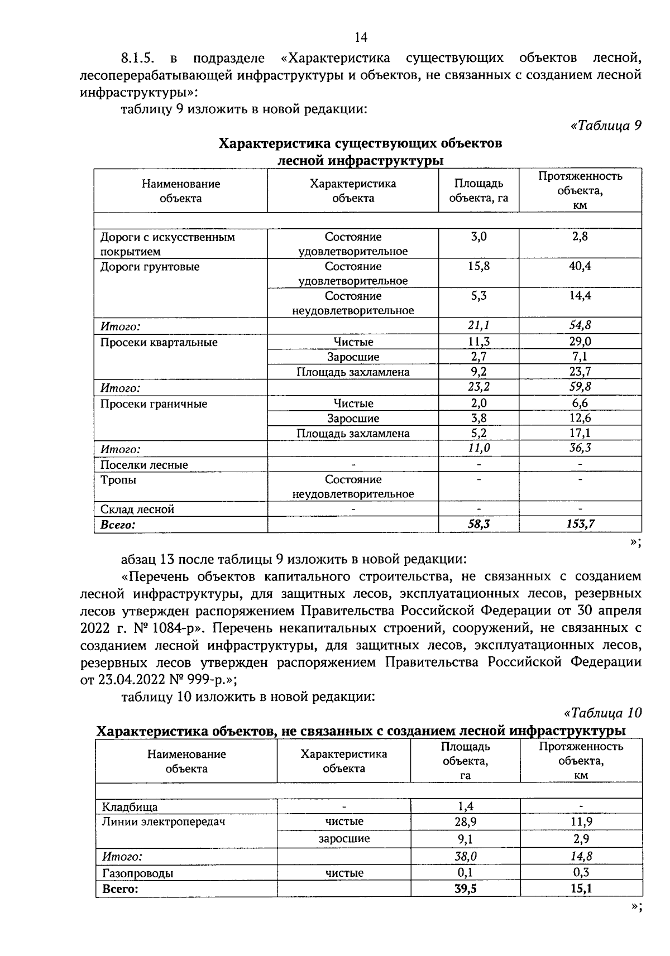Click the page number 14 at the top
coord(361,37)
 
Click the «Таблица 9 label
coord(606,125)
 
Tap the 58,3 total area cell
coord(478,524)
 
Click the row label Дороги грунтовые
coord(149,267)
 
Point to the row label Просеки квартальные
coord(159,342)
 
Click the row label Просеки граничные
coord(154,403)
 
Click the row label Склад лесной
coord(137,509)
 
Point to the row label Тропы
coord(118,480)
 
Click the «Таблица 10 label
coord(603,713)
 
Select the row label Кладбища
coord(130,807)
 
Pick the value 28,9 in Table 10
coord(466,822)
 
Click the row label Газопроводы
coord(137,873)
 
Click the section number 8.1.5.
coord(137,57)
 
